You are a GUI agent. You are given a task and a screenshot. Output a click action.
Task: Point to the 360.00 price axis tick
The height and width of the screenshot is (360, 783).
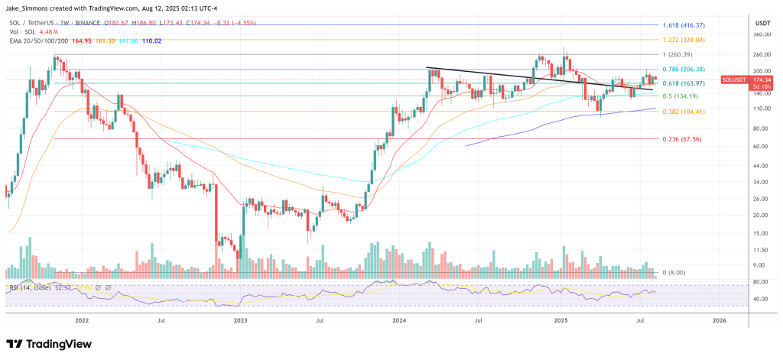pos(760,34)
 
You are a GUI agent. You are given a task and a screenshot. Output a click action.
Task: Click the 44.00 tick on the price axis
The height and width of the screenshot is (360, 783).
pos(760,165)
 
